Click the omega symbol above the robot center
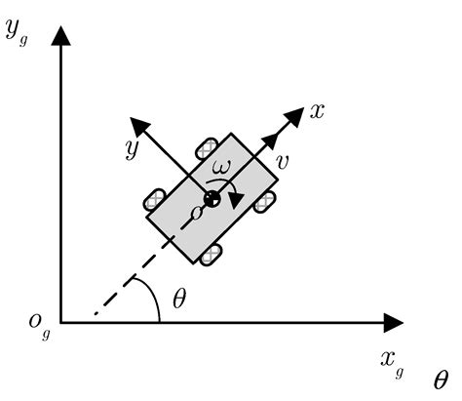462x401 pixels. pyautogui.click(x=222, y=167)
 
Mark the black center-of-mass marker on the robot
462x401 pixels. pyautogui.click(x=212, y=199)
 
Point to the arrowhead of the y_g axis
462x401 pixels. pyautogui.click(x=61, y=35)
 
